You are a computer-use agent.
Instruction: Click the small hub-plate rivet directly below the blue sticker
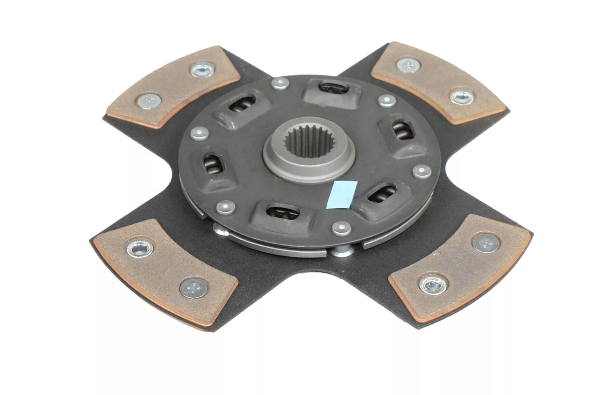click(x=341, y=228)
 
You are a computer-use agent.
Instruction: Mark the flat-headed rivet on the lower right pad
click(x=486, y=243)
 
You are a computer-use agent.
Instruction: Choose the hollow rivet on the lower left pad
click(x=140, y=248)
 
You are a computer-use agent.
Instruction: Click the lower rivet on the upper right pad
click(x=462, y=97)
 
